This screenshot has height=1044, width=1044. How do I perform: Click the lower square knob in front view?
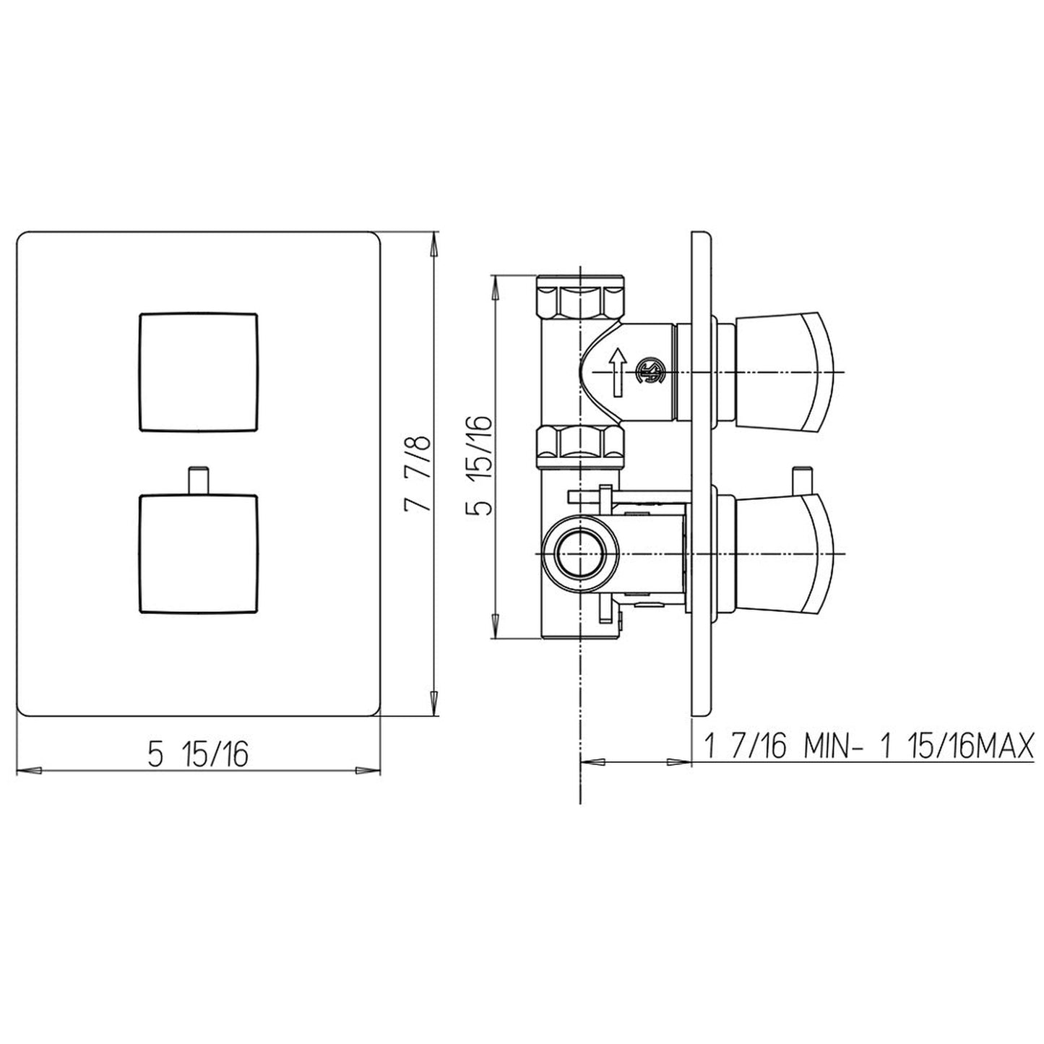tap(197, 553)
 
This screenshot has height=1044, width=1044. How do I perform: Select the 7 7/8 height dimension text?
tap(418, 473)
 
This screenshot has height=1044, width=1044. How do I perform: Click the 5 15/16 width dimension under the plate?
tap(197, 754)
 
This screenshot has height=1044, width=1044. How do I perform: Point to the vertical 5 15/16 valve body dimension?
tap(480, 465)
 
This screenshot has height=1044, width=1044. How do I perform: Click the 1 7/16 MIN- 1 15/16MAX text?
tap(867, 746)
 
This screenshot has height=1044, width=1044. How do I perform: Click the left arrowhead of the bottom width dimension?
tap(26, 770)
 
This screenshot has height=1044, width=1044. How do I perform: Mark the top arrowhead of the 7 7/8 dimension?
tap(433, 243)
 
